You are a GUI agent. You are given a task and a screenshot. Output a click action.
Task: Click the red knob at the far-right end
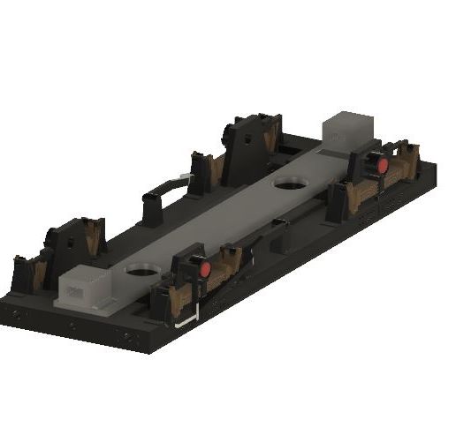click(383, 165)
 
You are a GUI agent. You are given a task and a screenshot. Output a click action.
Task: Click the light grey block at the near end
click(86, 288)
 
